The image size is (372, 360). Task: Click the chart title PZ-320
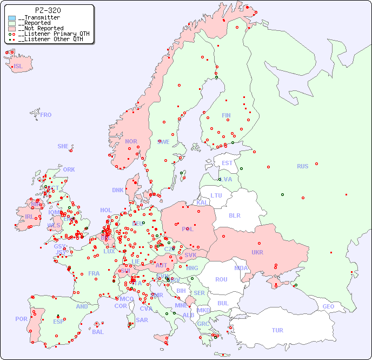[48, 10]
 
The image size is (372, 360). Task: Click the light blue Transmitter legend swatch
[12, 18]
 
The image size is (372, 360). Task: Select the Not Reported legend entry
[40, 28]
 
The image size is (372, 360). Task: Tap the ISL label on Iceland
[18, 67]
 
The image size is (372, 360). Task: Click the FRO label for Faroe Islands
[46, 115]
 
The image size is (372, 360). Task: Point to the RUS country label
[302, 166]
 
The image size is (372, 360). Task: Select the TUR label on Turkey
[277, 330]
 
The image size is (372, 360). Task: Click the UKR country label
[257, 252]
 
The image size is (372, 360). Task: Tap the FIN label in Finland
[226, 115]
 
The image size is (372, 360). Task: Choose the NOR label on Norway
[131, 141]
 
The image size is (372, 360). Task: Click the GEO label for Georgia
[328, 306]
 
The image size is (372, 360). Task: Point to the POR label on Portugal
[21, 319]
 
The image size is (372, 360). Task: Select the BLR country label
[234, 215]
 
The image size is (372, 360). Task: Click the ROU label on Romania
[221, 279]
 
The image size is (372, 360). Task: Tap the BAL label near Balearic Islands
[97, 332]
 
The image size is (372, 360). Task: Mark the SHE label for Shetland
[63, 146]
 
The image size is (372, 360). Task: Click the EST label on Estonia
[227, 163]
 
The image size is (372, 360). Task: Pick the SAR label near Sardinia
[142, 319]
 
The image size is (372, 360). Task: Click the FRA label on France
[94, 273]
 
